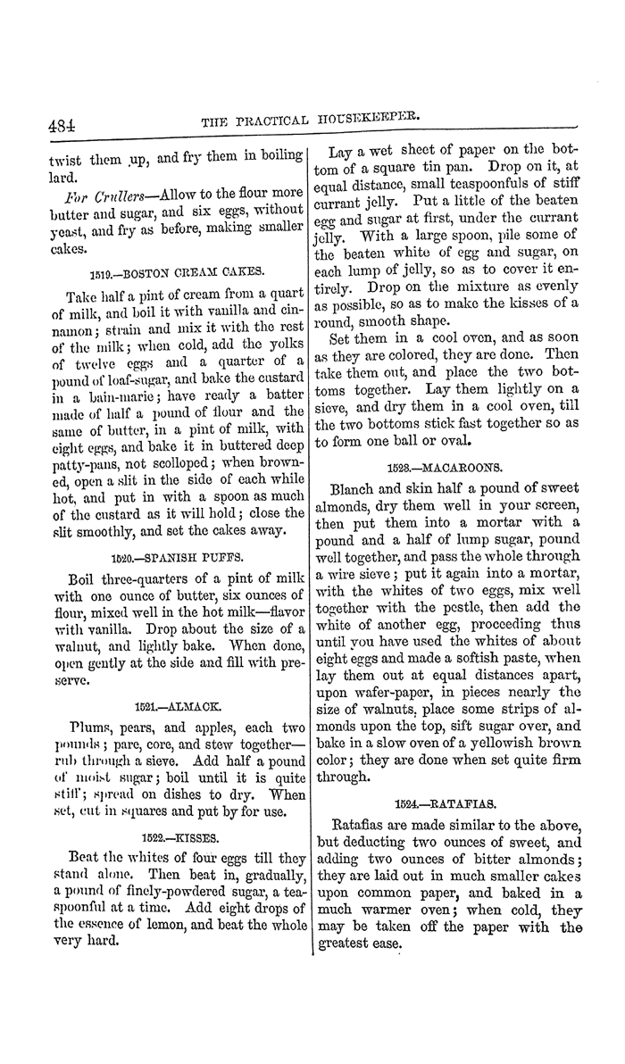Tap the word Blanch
[x=355, y=489]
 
